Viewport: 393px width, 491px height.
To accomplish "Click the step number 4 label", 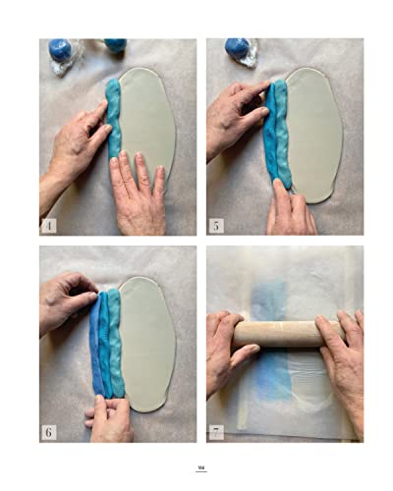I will [x=49, y=225].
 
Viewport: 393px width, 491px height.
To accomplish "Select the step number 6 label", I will [x=49, y=431].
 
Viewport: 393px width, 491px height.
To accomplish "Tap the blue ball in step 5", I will [x=236, y=46].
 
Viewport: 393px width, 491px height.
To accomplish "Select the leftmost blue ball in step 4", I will [x=61, y=49].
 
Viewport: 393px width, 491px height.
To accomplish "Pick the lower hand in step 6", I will [x=110, y=417].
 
